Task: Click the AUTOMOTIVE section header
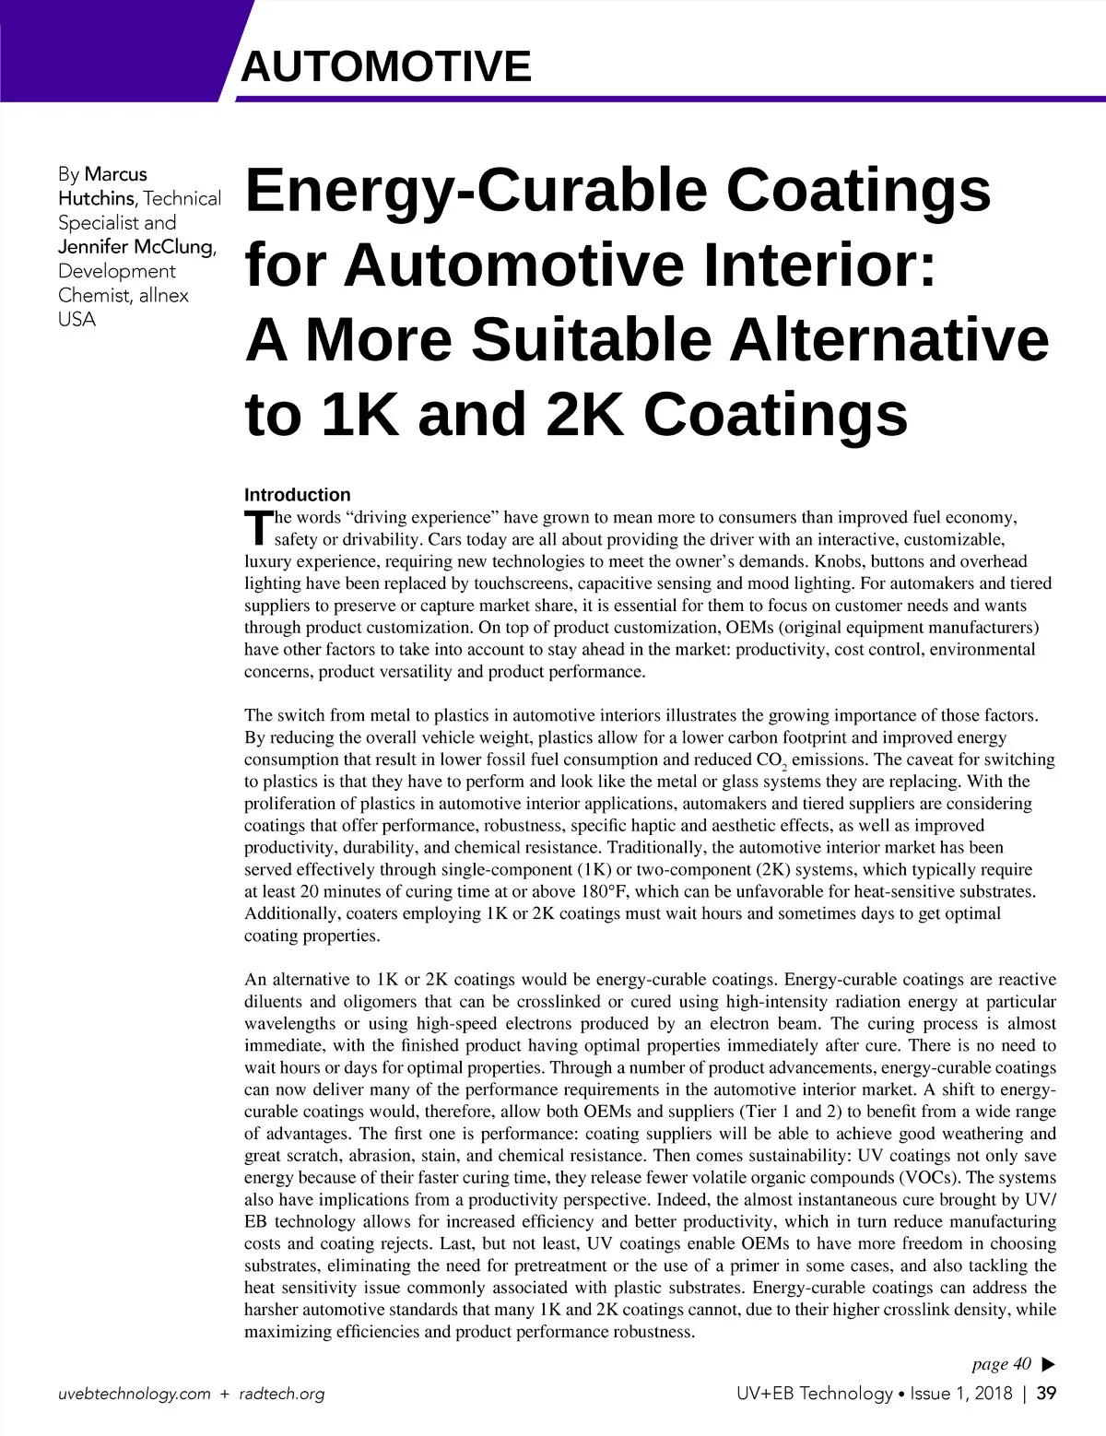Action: pos(386,66)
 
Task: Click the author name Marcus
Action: pos(115,174)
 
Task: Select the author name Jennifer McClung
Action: pos(136,246)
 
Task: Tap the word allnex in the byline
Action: pos(163,295)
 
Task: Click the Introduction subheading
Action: pos(297,495)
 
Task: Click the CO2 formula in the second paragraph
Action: pos(771,760)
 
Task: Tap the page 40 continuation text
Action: pos(1001,1364)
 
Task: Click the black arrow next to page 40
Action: pos(1047,1364)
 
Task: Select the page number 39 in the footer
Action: pos(1046,1394)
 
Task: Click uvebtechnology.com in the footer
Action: pos(134,1394)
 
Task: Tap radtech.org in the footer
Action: pos(282,1394)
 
